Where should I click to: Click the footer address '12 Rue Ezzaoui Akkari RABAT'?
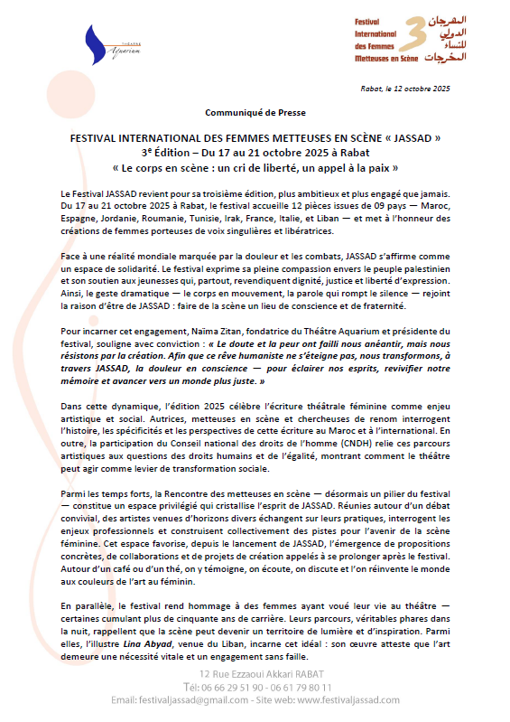[x=255, y=674]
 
